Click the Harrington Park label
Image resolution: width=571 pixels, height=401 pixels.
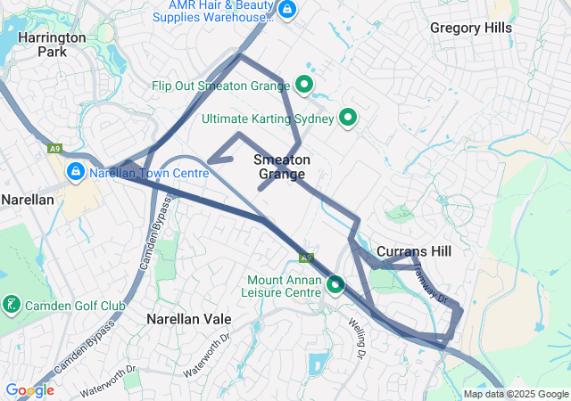coord(52,45)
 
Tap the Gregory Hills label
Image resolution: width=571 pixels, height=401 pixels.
coord(471,28)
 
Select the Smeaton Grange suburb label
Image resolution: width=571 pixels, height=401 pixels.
coord(282,167)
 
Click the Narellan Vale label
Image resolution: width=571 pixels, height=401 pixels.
coord(189,318)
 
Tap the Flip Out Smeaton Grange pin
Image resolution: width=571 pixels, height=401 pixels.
coord(303,86)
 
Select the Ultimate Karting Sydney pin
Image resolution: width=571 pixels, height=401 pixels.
coord(348,117)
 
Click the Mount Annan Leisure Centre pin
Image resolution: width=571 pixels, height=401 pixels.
coord(335,284)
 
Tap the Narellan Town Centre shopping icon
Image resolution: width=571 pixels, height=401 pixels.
coord(75,172)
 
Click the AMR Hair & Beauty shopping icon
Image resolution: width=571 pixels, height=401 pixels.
coord(286,10)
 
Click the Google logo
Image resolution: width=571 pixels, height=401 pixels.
coord(29,390)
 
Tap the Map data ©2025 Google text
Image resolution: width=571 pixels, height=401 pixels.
coord(516,394)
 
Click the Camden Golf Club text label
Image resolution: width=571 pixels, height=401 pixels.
coord(75,307)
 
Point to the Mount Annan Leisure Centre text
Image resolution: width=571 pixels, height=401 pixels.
coord(284,285)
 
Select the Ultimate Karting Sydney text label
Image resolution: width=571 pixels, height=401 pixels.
coord(268,118)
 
